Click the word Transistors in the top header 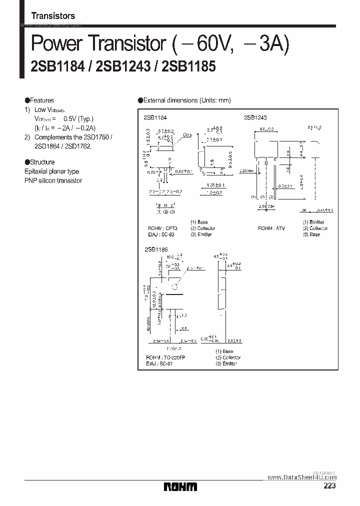coord(53,16)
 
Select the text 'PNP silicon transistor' coord(53,180)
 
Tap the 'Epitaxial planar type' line coord(51,171)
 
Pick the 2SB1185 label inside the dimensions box coord(156,248)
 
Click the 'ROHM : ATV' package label coord(271,228)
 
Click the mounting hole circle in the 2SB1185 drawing coord(175,287)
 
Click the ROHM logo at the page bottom coord(180,486)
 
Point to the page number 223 coord(329,486)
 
